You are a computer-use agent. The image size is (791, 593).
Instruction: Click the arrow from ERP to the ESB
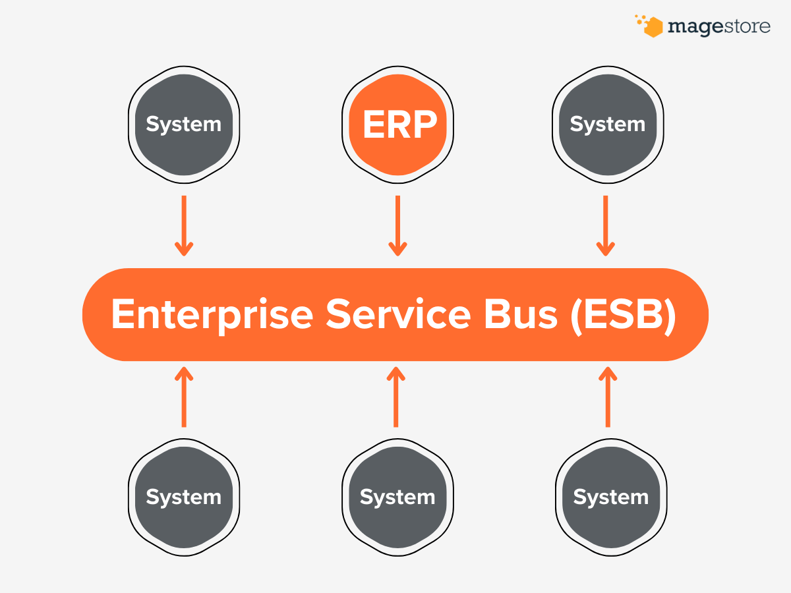[397, 225]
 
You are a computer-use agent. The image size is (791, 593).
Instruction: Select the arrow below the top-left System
[184, 225]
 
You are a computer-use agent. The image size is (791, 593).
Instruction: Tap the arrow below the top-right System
[606, 225]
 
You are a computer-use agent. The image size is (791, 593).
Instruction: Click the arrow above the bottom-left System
[184, 397]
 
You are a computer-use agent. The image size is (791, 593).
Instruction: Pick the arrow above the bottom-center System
[395, 397]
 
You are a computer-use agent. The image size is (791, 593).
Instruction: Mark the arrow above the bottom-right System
[608, 397]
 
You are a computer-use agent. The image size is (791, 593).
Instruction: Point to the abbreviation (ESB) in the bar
[624, 315]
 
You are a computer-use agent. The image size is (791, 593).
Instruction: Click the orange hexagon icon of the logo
[652, 27]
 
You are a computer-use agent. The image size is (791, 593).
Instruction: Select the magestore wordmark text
[718, 27]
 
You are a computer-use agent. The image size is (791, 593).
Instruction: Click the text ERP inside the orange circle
[399, 125]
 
